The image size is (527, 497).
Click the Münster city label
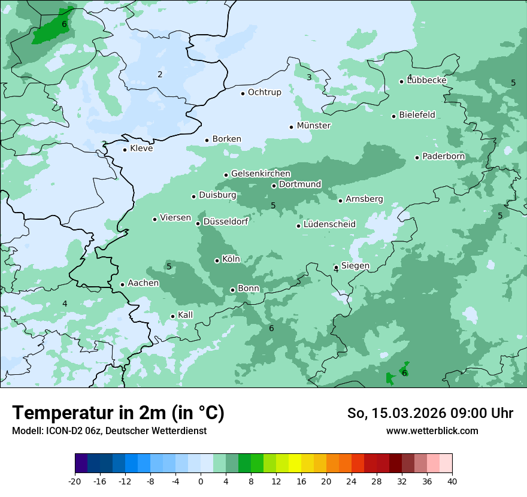[x=314, y=126]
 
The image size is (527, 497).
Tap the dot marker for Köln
[x=217, y=260]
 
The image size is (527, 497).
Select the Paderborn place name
[x=443, y=157]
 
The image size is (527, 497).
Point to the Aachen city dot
[x=123, y=284]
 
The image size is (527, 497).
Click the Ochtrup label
[x=264, y=92]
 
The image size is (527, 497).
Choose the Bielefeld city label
[x=417, y=115]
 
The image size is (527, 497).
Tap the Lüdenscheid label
[x=329, y=225]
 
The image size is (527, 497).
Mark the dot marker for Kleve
[x=125, y=150]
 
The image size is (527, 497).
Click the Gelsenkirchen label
[x=261, y=174]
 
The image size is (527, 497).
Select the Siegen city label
[x=355, y=266]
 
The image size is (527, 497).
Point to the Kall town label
[x=186, y=315]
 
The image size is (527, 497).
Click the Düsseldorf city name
[x=226, y=222]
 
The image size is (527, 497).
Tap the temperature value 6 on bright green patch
[x=64, y=25]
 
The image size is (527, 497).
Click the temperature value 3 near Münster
[x=309, y=77]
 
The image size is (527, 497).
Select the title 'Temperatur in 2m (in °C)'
[x=118, y=413]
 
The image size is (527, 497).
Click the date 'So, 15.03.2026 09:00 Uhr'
[x=430, y=413]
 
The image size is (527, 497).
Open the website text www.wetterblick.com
[x=432, y=431]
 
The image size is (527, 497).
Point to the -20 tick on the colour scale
[x=75, y=481]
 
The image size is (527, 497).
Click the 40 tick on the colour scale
[x=452, y=481]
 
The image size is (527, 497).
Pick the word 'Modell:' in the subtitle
[x=25, y=431]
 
